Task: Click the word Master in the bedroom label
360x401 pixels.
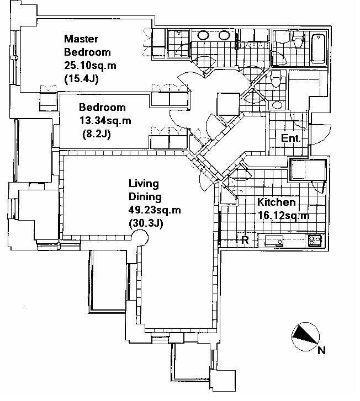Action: (x=81, y=39)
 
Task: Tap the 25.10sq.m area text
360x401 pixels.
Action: (x=90, y=66)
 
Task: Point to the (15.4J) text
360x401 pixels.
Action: (x=81, y=79)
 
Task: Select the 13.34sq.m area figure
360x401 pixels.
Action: (x=105, y=120)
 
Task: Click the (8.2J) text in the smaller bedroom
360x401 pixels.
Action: (x=97, y=133)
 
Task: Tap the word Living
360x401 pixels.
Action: (x=144, y=184)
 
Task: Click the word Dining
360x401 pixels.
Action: (x=145, y=197)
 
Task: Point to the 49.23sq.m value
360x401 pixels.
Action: (x=155, y=210)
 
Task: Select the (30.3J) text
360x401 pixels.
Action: (x=146, y=223)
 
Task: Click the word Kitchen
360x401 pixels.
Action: (x=276, y=202)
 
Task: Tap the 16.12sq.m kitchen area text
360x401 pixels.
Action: (x=283, y=215)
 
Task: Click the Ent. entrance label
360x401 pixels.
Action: (x=290, y=138)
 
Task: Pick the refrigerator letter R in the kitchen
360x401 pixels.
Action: (x=245, y=240)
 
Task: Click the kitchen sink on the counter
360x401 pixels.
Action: (x=274, y=240)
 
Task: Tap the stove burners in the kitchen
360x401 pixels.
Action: (x=315, y=240)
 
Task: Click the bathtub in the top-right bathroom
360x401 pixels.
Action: (x=318, y=49)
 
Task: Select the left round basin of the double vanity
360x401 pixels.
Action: (x=204, y=35)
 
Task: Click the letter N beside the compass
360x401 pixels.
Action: (x=321, y=350)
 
